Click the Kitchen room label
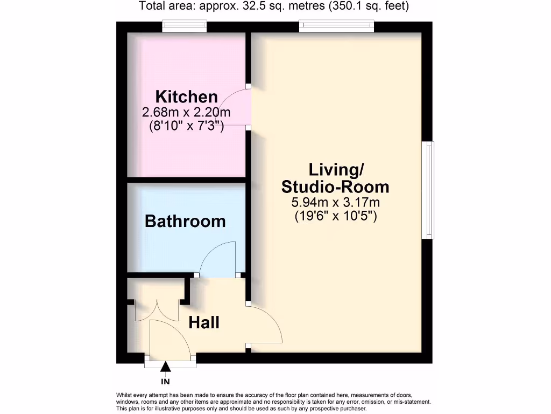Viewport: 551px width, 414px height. click(x=186, y=97)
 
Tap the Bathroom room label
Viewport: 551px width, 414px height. click(x=185, y=221)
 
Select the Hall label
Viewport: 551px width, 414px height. click(x=204, y=323)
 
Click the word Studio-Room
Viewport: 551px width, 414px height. click(x=335, y=187)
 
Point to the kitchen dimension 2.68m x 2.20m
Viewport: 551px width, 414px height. click(x=186, y=113)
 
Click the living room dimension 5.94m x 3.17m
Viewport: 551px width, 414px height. click(x=335, y=203)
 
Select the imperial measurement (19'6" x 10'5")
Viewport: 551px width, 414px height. click(x=335, y=216)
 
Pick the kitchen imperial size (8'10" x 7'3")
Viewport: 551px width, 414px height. click(x=186, y=127)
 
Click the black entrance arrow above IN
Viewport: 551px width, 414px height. click(x=166, y=367)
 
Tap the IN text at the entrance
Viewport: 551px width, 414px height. click(x=166, y=382)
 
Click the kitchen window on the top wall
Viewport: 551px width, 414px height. click(x=185, y=25)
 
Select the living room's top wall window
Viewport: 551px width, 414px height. click(x=336, y=25)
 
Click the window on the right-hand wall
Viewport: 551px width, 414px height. click(x=429, y=190)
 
